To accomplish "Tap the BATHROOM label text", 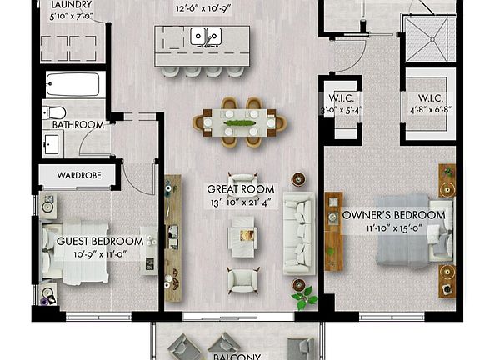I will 77,125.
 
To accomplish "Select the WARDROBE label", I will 80,176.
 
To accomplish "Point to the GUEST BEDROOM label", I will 94,241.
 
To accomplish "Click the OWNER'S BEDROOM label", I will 394,215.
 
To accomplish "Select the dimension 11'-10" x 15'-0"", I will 394,227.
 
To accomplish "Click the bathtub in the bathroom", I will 73,85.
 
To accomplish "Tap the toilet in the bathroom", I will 56,112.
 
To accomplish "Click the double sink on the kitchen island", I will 206,37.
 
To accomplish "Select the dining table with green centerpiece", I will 239,123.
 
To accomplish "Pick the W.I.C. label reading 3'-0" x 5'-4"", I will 342,101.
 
